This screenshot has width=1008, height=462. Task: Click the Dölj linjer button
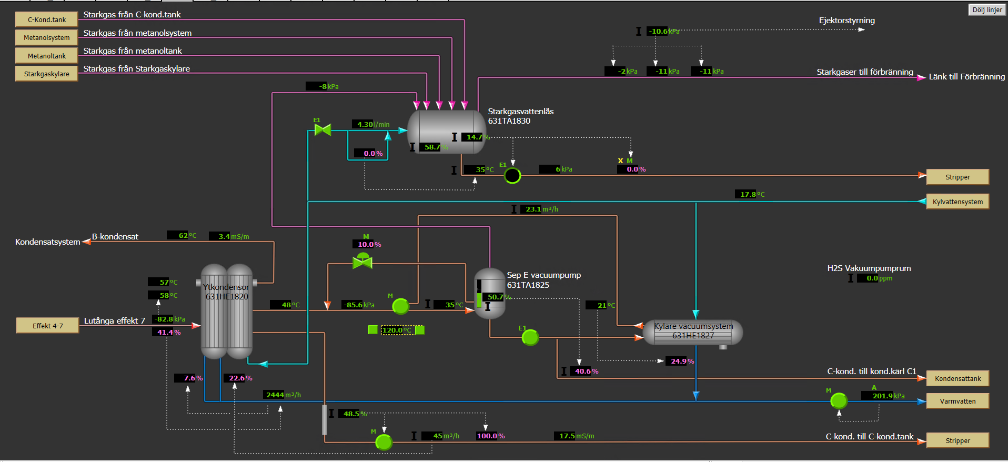(x=987, y=10)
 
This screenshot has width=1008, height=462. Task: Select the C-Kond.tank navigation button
(x=47, y=20)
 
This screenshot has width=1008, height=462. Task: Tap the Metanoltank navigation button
(x=47, y=56)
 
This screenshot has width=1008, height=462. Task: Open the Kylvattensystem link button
(x=957, y=202)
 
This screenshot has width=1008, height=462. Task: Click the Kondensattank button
(x=957, y=378)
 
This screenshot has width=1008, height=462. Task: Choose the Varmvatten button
(x=957, y=401)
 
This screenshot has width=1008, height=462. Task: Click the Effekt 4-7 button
(x=48, y=326)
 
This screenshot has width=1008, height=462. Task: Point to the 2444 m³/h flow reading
(x=283, y=395)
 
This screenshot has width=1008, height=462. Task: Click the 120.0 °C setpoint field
(x=397, y=330)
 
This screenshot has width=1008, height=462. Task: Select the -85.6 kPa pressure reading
(x=358, y=305)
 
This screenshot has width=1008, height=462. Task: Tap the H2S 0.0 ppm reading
(x=875, y=278)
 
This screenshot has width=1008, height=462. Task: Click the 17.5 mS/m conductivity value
(x=574, y=436)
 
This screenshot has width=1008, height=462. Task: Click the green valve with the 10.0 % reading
(x=362, y=260)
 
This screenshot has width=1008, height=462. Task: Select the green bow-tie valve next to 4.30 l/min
(x=322, y=129)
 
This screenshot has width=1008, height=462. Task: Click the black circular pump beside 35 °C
(x=512, y=175)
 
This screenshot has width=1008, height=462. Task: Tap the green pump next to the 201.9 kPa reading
(x=839, y=401)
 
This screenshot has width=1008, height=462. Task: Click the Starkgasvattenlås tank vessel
(x=447, y=132)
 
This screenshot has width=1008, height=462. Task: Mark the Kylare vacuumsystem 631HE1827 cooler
(x=693, y=332)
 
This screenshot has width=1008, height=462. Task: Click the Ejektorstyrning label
(x=847, y=21)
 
